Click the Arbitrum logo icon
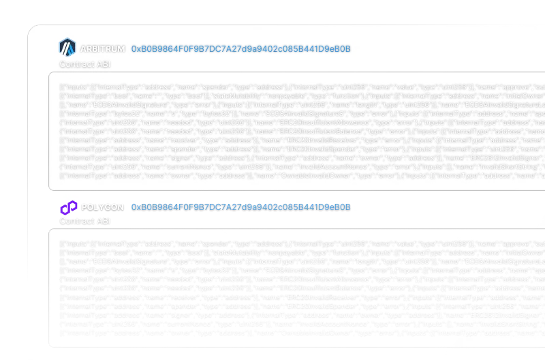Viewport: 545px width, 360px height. pyautogui.click(x=67, y=48)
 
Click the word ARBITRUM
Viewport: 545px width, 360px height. pyautogui.click(x=102, y=49)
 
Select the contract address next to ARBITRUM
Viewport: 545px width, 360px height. pyautogui.click(x=240, y=49)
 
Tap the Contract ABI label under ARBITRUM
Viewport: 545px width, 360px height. pyautogui.click(x=84, y=64)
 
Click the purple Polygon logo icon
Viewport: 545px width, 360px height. pyautogui.click(x=68, y=207)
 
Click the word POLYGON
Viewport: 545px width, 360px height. pyautogui.click(x=102, y=207)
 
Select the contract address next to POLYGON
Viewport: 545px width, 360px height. pyautogui.click(x=240, y=207)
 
